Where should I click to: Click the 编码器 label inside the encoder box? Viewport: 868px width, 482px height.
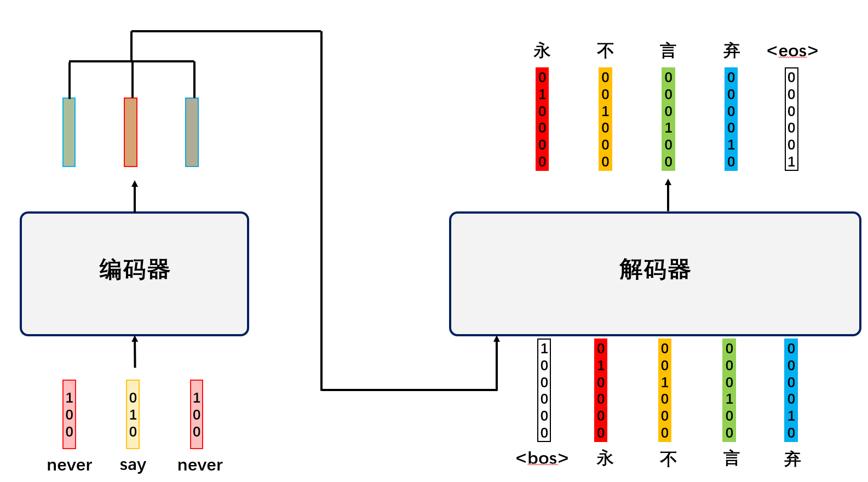135,269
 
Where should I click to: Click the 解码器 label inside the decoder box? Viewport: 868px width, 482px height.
655,269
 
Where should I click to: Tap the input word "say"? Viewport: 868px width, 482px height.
133,465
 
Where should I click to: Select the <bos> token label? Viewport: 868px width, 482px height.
542,458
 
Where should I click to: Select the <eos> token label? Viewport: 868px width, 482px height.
792,51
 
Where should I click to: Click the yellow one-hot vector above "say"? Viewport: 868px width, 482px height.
133,414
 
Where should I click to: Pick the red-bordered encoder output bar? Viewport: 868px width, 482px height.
130,132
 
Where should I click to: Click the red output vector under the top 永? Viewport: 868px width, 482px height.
542,119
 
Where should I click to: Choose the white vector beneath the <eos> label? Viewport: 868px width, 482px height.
791,119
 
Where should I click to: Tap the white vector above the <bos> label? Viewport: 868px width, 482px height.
544,390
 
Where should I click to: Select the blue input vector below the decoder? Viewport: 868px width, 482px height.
791,390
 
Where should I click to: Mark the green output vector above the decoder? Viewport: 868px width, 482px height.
668,119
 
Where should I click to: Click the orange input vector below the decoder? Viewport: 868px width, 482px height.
664,390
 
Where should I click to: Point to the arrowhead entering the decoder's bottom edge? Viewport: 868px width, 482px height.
497,340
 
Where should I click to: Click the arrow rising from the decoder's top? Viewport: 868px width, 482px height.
668,194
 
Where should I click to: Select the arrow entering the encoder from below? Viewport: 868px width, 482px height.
135,351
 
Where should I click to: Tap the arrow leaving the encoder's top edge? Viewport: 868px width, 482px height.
135,196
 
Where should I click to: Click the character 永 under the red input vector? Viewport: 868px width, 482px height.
605,458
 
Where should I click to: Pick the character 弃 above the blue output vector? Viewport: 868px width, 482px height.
732,51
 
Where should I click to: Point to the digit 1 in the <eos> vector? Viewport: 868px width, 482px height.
791,162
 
